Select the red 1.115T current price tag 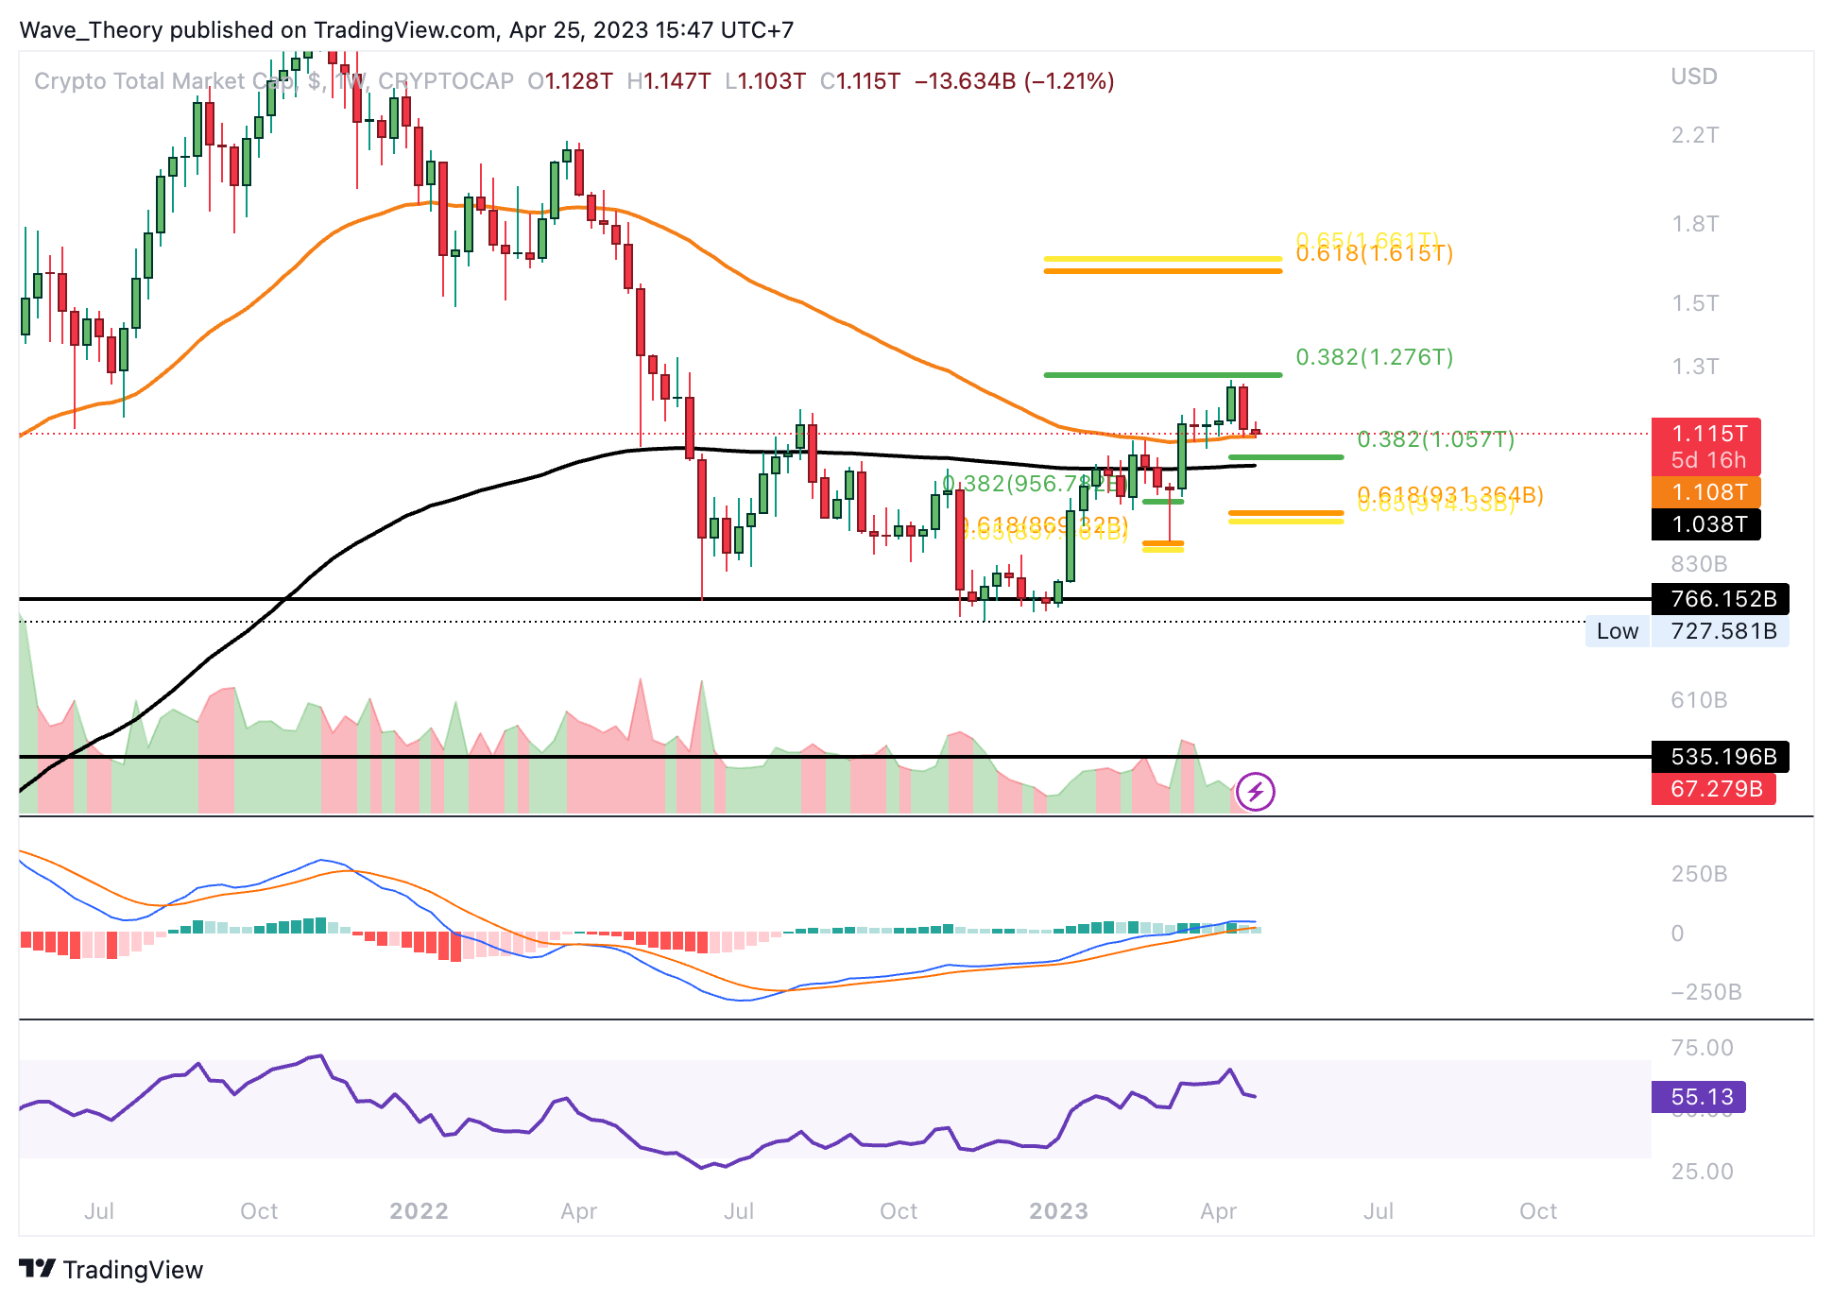click(1708, 434)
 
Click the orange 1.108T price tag click(1708, 492)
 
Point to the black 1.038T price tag click(1708, 524)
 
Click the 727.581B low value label click(1722, 631)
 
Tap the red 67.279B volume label click(1715, 789)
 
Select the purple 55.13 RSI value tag click(1701, 1097)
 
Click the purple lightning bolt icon click(1256, 792)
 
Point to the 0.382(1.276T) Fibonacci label click(1374, 357)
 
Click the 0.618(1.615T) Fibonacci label click(1374, 254)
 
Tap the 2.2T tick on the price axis click(1694, 135)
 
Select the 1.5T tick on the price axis click(1694, 303)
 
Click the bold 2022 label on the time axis click(419, 1211)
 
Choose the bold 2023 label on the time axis click(1058, 1211)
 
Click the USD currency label click(1693, 77)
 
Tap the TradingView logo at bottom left click(111, 1269)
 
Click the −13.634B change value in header click(965, 81)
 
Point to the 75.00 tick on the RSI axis click(1702, 1048)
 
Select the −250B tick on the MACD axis click(1705, 992)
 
